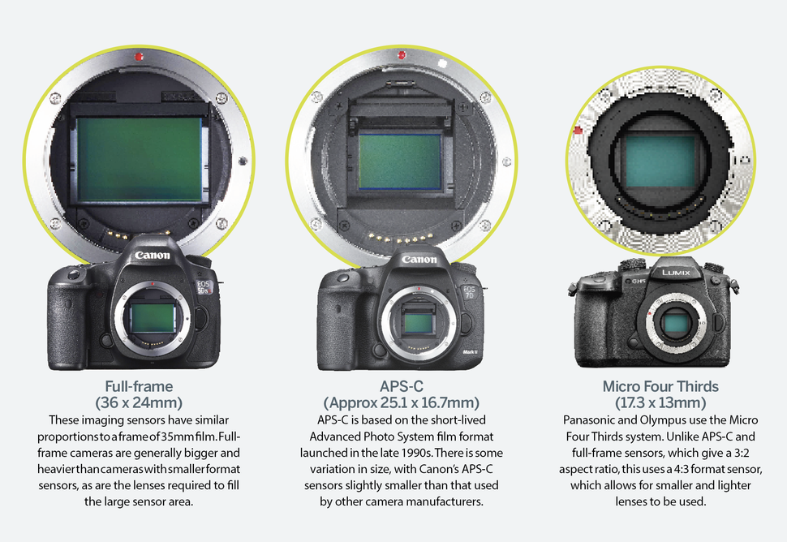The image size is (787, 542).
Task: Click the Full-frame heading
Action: point(138,386)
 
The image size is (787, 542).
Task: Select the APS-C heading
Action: point(401,386)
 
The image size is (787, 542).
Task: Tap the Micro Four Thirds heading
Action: point(660,386)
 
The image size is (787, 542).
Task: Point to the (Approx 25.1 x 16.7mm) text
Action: point(401,402)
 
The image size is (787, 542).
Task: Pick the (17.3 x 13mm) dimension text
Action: point(660,402)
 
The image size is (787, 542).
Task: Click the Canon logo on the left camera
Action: point(152,256)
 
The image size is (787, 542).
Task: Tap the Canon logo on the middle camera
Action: point(419,260)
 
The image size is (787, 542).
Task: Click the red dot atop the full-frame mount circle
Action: point(140,57)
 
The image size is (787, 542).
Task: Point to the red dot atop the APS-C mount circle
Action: point(402,54)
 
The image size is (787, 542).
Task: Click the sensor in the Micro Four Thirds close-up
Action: point(660,161)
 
